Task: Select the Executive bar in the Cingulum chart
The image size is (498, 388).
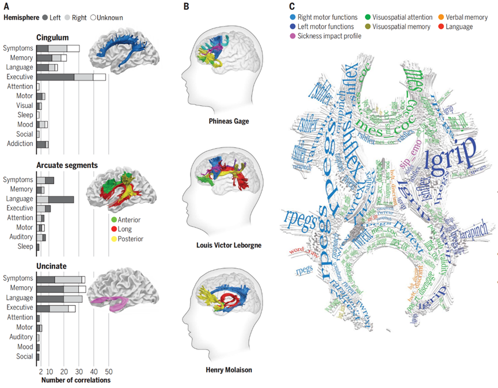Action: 71,77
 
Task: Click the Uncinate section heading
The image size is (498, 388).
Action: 52,266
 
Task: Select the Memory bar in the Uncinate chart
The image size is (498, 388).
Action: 60,289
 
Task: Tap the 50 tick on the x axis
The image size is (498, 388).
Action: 109,371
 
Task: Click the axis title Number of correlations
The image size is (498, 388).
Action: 76,380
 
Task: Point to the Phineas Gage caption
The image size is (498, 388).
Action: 227,122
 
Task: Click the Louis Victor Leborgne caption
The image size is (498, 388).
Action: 229,246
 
